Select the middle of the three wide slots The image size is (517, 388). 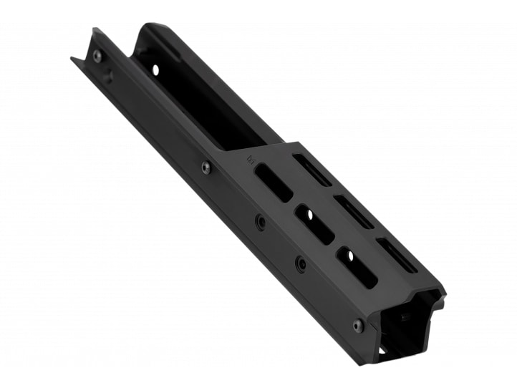click(314, 224)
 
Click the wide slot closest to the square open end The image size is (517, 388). click(357, 267)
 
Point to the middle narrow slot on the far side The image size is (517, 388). click(354, 212)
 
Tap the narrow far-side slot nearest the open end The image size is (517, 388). click(396, 255)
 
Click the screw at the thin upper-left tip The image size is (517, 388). click(97, 56)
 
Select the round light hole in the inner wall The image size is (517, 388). click(155, 70)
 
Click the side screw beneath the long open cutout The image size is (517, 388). click(206, 168)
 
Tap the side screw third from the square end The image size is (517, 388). click(261, 223)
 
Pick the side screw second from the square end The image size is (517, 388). click(301, 264)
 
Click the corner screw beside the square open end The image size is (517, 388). click(358, 325)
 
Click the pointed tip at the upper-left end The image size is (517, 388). click(72, 59)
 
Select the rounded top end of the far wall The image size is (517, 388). click(152, 29)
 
